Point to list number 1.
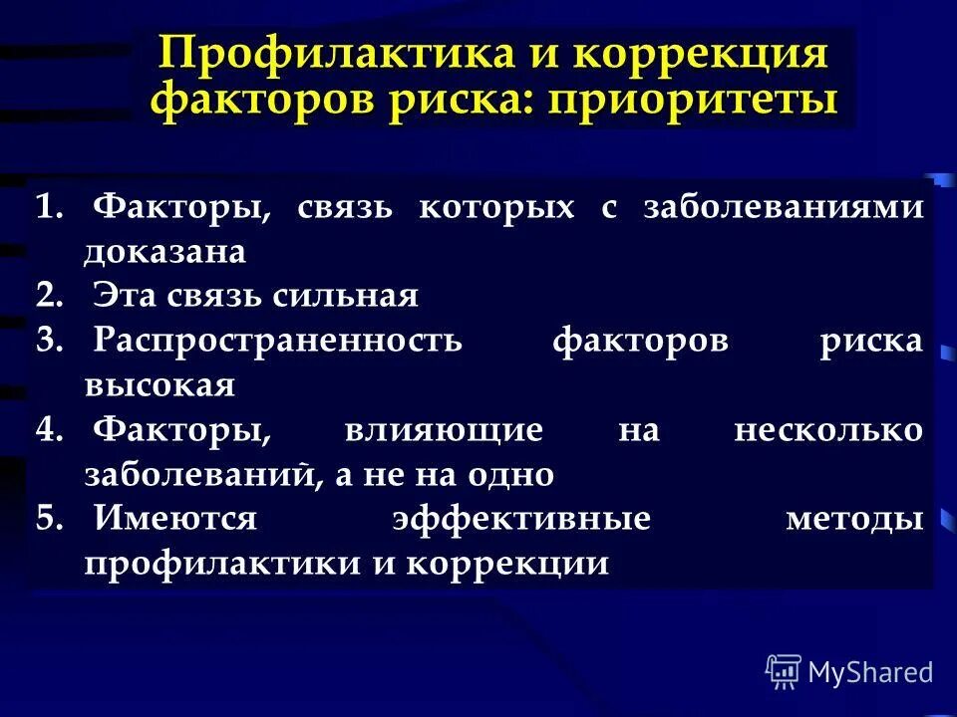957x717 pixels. (49, 208)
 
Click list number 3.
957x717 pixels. (49, 341)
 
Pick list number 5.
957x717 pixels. (49, 519)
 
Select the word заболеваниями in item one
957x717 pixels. (783, 208)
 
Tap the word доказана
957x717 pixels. (164, 252)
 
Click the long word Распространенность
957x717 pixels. (278, 341)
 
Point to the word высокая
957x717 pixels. (159, 385)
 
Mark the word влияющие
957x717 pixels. (444, 430)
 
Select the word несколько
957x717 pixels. (827, 430)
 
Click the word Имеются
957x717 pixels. (175, 519)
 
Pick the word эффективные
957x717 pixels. (520, 519)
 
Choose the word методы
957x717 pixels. (853, 519)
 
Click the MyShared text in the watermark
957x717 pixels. (870, 672)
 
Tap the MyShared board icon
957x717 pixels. (784, 672)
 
